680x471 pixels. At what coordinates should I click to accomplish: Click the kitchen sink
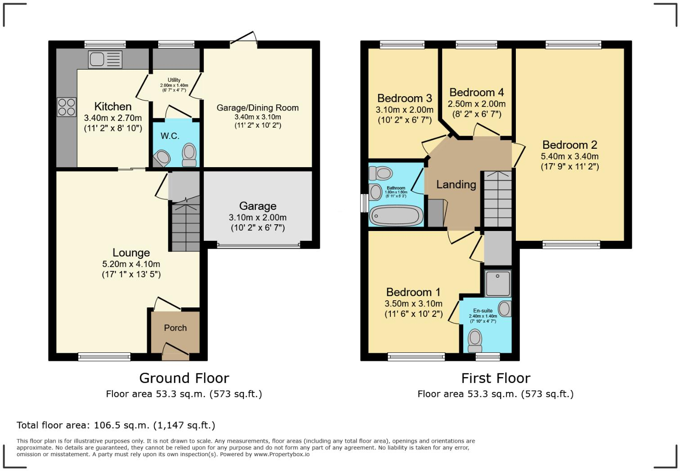click(x=105, y=59)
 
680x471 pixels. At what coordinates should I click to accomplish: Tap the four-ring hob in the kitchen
click(x=67, y=107)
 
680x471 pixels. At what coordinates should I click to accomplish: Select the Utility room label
click(x=174, y=80)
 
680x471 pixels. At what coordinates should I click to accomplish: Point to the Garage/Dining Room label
click(x=257, y=108)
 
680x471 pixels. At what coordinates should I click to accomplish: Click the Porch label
click(x=175, y=328)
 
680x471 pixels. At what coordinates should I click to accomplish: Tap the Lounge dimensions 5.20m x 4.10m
click(x=131, y=264)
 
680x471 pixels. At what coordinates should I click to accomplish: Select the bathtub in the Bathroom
click(x=396, y=216)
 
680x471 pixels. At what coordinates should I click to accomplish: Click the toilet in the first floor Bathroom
click(x=381, y=173)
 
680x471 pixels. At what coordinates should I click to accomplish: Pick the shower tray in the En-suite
click(x=498, y=283)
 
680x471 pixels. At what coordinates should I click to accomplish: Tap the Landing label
click(x=456, y=185)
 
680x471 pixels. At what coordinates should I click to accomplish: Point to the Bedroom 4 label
click(x=476, y=93)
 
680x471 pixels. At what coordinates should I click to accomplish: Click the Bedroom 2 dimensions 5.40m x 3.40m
click(x=569, y=157)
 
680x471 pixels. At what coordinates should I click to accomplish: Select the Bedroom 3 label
click(x=404, y=98)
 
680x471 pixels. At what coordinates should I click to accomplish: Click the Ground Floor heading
click(x=184, y=378)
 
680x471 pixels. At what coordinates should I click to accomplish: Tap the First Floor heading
click(x=496, y=378)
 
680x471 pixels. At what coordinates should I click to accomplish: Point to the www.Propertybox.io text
click(x=282, y=454)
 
